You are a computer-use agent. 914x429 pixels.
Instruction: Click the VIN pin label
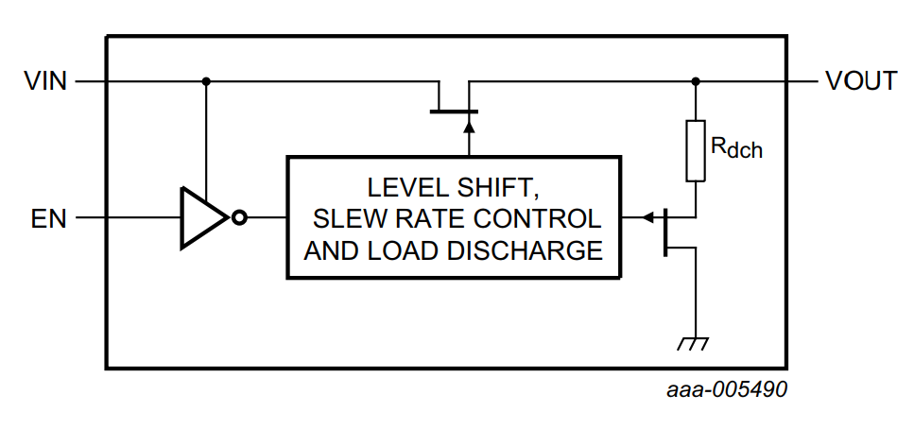click(44, 81)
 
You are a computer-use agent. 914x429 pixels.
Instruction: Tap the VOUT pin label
click(860, 81)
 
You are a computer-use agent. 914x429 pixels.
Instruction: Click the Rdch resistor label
click(735, 146)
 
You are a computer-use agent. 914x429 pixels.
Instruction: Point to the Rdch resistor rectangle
click(696, 150)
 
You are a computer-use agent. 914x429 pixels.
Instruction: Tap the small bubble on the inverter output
click(239, 218)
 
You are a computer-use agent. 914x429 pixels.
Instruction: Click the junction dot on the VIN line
click(206, 81)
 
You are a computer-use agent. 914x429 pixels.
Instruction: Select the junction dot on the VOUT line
click(696, 81)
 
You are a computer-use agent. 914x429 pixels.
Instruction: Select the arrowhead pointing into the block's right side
click(647, 218)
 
